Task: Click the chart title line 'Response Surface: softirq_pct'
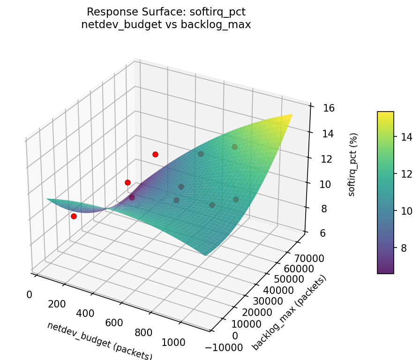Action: tap(166, 11)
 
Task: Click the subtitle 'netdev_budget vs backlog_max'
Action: tap(166, 25)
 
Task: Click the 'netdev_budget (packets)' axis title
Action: tap(99, 340)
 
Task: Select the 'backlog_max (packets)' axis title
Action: tap(289, 312)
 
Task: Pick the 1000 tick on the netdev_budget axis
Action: tap(173, 343)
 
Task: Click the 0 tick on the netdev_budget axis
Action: tap(29, 294)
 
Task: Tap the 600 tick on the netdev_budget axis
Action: tap(114, 323)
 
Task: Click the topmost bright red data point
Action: tap(155, 154)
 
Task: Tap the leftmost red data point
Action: tap(74, 216)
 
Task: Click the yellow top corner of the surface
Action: tap(292, 115)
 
